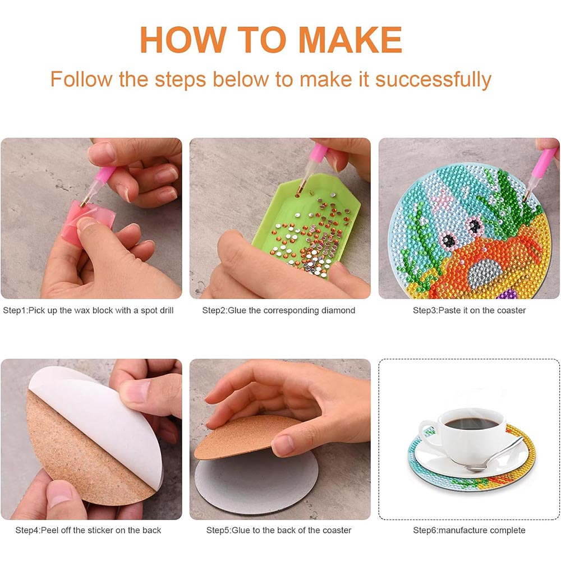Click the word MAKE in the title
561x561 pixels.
350,40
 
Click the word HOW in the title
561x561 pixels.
183,40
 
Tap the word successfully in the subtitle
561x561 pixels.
433,80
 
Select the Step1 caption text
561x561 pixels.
88,311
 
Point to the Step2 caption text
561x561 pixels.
279,311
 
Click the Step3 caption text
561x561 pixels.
470,311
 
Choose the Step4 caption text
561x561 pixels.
88,530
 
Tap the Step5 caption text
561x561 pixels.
279,530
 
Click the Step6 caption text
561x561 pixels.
470,530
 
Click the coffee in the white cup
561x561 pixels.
471,424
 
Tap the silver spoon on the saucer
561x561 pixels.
495,453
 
